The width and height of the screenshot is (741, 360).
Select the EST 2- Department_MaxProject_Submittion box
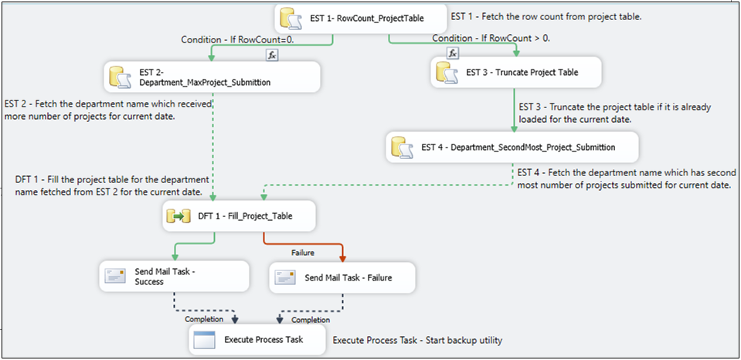pyautogui.click(x=212, y=77)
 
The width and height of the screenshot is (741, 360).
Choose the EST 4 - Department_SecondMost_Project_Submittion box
pyautogui.click(x=512, y=147)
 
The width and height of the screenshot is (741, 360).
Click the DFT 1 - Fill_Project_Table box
pyautogui.click(x=240, y=217)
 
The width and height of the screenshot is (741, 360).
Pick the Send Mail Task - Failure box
pyautogui.click(x=343, y=277)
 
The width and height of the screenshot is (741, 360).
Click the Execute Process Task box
pyautogui.click(x=257, y=339)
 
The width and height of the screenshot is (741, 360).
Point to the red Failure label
pyautogui.click(x=303, y=253)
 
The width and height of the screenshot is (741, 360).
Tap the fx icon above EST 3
pyautogui.click(x=454, y=53)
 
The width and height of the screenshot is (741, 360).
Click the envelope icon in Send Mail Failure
pyautogui.click(x=285, y=277)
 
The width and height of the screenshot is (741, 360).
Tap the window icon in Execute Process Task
pyautogui.click(x=204, y=339)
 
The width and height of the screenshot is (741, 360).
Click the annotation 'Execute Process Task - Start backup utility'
pyautogui.click(x=418, y=340)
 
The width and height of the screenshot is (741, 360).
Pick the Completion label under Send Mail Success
pyautogui.click(x=204, y=318)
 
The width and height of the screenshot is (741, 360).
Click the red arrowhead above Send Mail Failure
pyautogui.click(x=342, y=259)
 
